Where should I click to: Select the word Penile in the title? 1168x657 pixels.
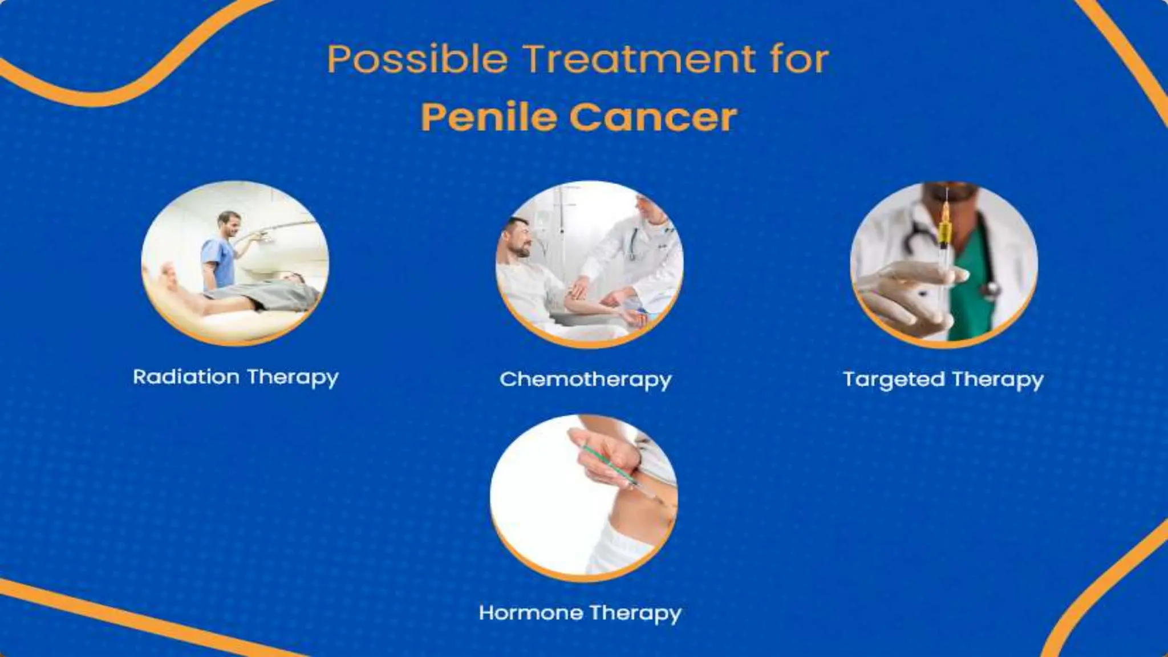(x=488, y=117)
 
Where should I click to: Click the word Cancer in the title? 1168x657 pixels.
(x=653, y=117)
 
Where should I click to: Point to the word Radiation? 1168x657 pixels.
(x=186, y=377)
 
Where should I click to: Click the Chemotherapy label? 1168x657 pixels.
(x=586, y=379)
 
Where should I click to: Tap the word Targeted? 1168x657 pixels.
(x=893, y=380)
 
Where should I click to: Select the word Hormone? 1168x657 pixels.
(x=530, y=613)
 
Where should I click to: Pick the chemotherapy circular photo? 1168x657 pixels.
(x=589, y=263)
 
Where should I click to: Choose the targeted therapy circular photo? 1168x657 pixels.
(x=944, y=263)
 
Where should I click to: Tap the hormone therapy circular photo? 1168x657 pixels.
(x=583, y=496)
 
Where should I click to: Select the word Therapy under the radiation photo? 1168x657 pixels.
(x=293, y=377)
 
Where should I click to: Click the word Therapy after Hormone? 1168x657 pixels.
(x=635, y=613)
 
